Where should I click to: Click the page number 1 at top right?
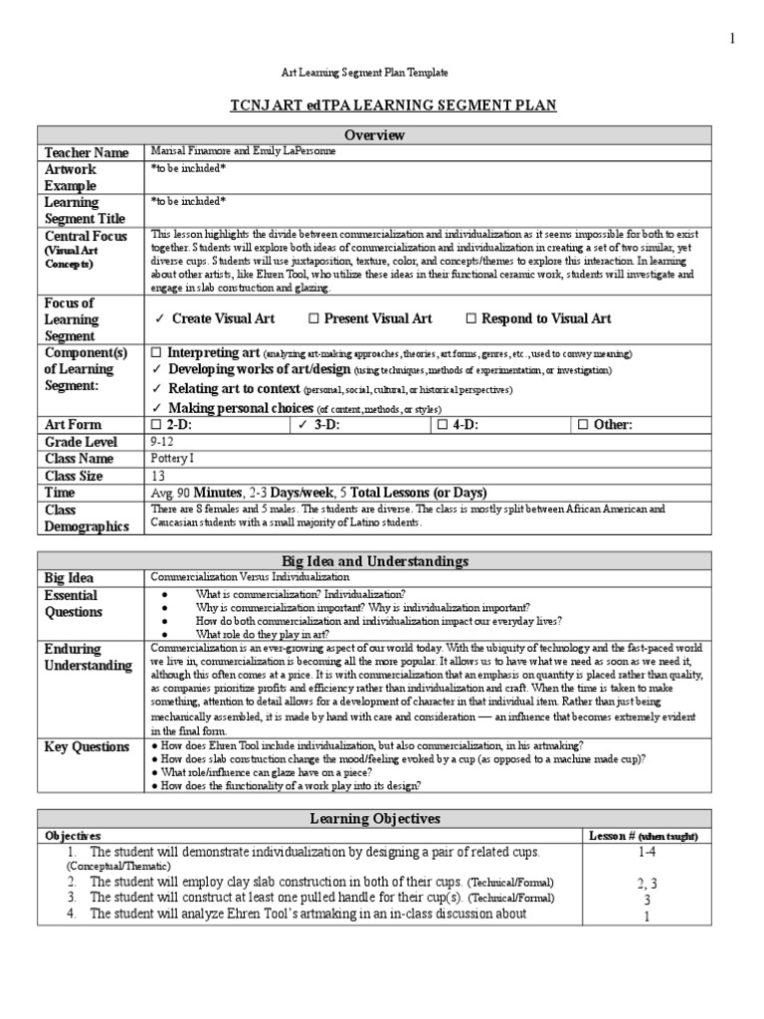point(733,38)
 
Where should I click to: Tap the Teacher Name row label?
point(86,152)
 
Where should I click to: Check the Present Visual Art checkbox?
point(313,318)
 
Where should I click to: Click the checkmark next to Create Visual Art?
point(158,318)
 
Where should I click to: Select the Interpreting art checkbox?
point(155,353)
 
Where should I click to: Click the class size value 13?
point(157,476)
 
